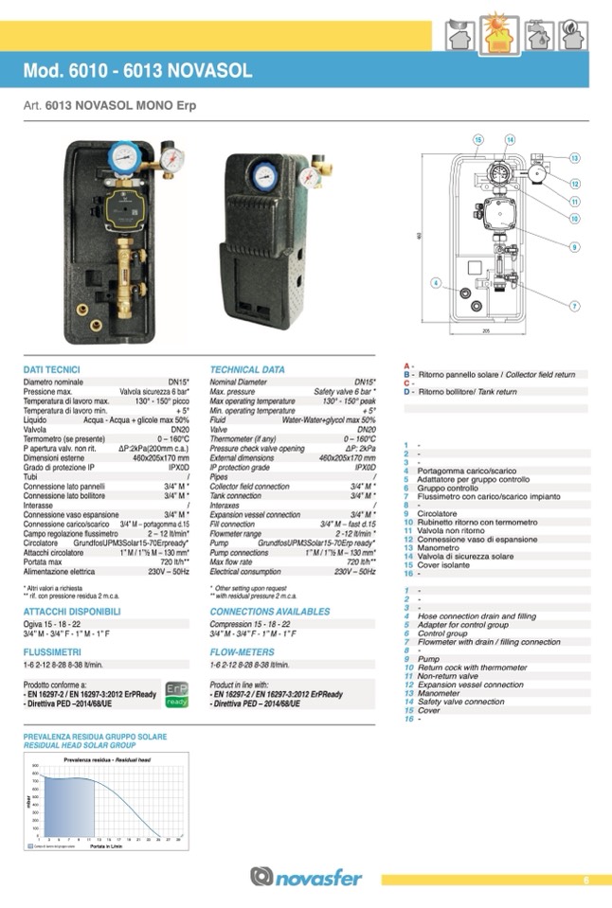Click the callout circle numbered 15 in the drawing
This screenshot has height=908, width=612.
478,139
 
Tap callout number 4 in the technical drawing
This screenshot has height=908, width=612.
436,282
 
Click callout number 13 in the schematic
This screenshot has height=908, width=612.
575,157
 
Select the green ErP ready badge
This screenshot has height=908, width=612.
177,694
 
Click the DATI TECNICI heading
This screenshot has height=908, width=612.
51,369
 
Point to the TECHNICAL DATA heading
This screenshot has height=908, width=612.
247,369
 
